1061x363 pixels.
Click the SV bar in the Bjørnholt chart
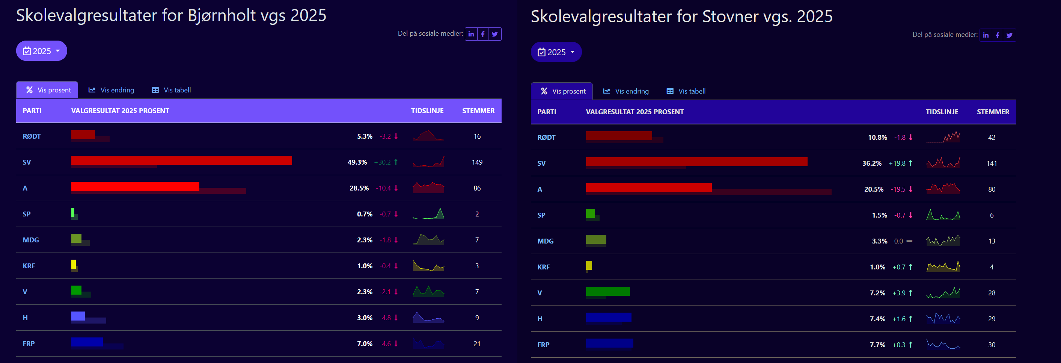(x=181, y=160)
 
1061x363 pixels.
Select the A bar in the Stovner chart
(x=648, y=188)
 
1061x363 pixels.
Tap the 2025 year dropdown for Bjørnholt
(x=42, y=51)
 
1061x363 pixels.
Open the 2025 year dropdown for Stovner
(x=556, y=52)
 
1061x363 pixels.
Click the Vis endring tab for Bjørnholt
(x=111, y=90)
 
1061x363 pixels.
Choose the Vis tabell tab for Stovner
(x=686, y=91)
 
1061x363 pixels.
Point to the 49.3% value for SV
(x=357, y=162)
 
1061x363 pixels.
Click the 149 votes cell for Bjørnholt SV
(x=477, y=162)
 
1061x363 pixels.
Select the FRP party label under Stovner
(x=543, y=345)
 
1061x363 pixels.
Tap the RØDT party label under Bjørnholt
(x=32, y=136)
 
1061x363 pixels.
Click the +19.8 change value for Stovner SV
(x=897, y=163)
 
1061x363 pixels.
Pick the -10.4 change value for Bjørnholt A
(x=383, y=188)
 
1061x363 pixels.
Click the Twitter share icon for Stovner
(x=1009, y=35)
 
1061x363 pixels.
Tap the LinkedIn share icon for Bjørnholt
(x=471, y=34)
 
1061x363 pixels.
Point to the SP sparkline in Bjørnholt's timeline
(x=428, y=214)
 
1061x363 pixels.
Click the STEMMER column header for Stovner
(x=993, y=112)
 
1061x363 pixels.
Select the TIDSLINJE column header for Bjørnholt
(x=427, y=111)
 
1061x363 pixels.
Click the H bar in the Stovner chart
(x=608, y=317)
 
